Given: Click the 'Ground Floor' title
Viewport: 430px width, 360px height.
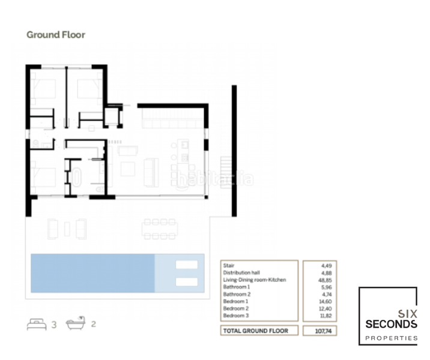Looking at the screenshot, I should coord(56,35).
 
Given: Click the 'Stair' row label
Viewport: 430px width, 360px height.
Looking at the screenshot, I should coord(228,265).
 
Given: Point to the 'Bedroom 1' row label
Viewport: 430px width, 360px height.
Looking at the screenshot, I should coord(235,301).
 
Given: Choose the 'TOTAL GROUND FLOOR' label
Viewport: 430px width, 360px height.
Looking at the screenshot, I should coord(255,331).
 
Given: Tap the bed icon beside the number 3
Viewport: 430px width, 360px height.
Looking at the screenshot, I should coord(36,325).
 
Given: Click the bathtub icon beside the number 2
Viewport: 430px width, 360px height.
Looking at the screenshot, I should coord(76,324).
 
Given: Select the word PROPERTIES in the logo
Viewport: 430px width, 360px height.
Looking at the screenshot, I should coord(392,338).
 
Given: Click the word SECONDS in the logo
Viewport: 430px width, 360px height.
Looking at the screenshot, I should coord(391,324).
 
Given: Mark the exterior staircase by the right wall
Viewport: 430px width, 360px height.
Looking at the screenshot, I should coord(226,165).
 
